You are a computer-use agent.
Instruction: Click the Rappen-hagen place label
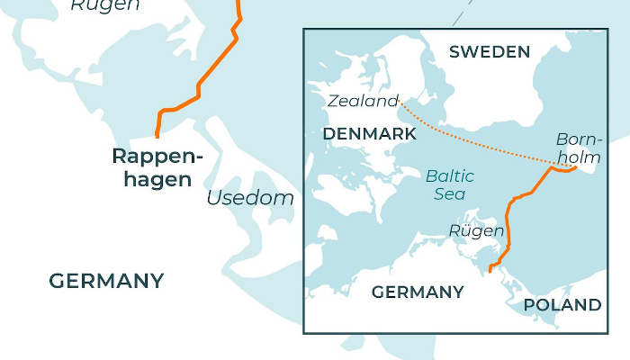[157, 167]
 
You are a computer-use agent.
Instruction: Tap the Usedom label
[250, 198]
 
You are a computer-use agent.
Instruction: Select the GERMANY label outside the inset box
[106, 281]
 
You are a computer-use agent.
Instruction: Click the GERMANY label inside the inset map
[418, 292]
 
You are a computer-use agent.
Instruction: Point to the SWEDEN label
[490, 51]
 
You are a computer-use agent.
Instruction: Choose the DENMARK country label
[369, 134]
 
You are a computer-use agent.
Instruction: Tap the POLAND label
[562, 305]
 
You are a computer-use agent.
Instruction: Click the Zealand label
[363, 101]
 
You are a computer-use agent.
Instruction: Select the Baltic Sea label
[450, 184]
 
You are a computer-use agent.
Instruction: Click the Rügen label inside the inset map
[476, 231]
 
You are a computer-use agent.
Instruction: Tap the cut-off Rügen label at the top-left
[105, 5]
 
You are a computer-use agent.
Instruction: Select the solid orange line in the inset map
[509, 220]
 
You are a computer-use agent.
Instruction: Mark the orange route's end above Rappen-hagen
[157, 135]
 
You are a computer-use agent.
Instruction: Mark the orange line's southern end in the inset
[489, 269]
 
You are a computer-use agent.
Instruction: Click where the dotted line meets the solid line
[552, 166]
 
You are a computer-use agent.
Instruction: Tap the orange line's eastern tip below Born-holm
[574, 167]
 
